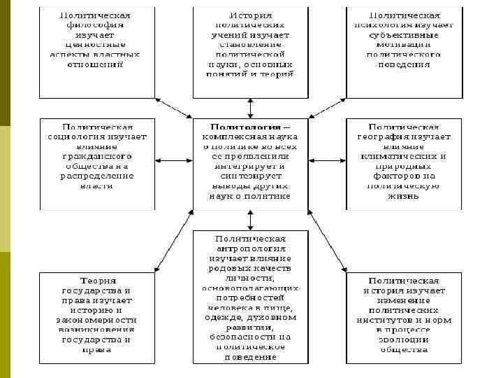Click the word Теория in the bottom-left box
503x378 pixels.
pyautogui.click(x=98, y=280)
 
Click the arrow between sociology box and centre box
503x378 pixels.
pyautogui.click(x=173, y=162)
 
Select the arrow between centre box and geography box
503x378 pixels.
pyautogui.click(x=328, y=162)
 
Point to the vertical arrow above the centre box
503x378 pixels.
pyautogui.click(x=250, y=108)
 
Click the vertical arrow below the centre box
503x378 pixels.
pyautogui.click(x=250, y=219)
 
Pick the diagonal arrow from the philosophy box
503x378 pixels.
pyautogui.click(x=173, y=108)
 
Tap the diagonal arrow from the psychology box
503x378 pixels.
pyautogui.click(x=327, y=108)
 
